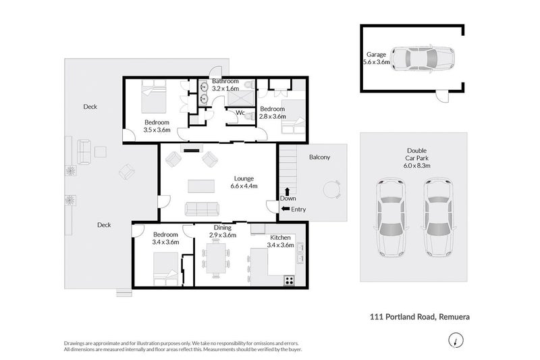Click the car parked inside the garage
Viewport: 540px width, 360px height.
(x=423, y=59)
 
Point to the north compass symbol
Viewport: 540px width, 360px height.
(x=458, y=339)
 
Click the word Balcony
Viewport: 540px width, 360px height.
(x=319, y=157)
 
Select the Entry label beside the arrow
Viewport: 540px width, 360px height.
(x=298, y=209)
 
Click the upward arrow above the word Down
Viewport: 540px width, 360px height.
(x=288, y=191)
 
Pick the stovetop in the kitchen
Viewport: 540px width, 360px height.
(x=289, y=279)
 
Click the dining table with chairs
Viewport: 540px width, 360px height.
(x=217, y=259)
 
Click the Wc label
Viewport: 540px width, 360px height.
(x=240, y=113)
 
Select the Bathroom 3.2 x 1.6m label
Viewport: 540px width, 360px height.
(x=225, y=84)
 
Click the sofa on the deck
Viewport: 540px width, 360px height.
(x=84, y=152)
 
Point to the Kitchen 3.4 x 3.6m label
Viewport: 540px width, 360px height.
(x=280, y=242)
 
